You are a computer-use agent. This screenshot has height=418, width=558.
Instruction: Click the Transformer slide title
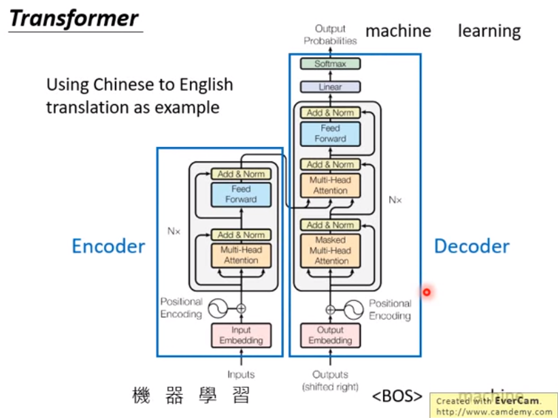click(73, 18)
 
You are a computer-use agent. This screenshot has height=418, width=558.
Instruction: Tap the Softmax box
click(330, 64)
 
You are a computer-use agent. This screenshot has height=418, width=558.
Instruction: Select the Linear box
click(330, 87)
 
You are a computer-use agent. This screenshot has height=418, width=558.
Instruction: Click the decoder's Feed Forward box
click(330, 133)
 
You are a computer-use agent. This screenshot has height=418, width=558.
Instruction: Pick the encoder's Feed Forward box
click(241, 194)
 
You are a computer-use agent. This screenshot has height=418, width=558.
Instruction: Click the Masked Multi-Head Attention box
click(330, 250)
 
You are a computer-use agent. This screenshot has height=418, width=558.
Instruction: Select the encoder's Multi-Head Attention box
click(241, 255)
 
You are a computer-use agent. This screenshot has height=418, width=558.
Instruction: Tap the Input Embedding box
click(241, 335)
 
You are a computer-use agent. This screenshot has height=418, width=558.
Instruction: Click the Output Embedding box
click(330, 335)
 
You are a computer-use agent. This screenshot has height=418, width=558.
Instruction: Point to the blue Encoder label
click(108, 246)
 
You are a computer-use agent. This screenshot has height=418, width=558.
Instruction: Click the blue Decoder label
click(472, 246)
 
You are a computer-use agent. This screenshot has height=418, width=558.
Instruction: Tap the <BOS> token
click(397, 396)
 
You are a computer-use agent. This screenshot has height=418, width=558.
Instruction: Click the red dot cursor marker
click(427, 293)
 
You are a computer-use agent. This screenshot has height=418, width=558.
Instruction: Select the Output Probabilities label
click(330, 35)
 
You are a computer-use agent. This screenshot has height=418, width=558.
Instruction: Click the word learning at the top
click(489, 31)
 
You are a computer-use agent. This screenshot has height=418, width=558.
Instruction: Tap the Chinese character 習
click(239, 396)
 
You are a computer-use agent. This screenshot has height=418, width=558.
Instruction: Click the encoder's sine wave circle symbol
click(218, 309)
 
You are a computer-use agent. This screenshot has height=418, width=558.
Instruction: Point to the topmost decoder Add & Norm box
click(330, 113)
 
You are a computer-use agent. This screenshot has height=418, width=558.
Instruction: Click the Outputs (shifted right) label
click(330, 381)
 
